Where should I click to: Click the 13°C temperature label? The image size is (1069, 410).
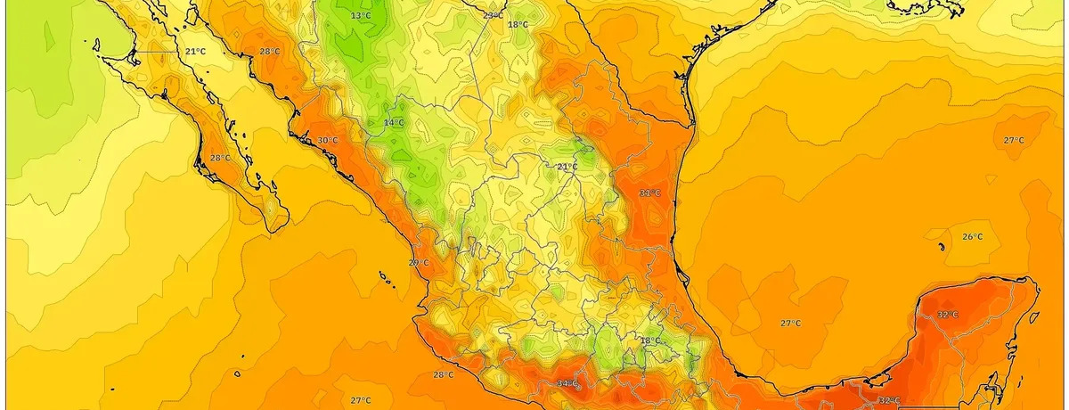tap(361, 16)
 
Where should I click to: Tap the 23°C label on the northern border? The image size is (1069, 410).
tap(493, 15)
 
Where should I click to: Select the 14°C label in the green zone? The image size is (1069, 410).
tap(394, 122)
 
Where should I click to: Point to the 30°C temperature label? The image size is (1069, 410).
tap(328, 141)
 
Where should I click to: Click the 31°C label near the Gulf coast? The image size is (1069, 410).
tap(650, 193)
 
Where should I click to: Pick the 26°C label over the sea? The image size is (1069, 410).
tap(972, 236)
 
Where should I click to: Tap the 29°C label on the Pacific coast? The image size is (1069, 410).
tap(419, 263)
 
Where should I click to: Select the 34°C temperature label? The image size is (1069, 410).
tap(567, 383)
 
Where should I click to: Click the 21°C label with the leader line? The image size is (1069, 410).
tap(195, 52)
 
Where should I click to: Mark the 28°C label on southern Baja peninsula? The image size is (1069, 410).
tap(220, 158)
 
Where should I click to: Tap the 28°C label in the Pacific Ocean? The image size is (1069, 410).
tap(443, 374)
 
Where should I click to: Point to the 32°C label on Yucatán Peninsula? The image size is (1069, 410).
tap(948, 315)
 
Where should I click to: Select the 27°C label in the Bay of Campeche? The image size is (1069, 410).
tap(790, 323)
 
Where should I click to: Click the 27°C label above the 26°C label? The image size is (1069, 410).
tap(1014, 141)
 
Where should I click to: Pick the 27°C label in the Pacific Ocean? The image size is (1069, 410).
tap(360, 400)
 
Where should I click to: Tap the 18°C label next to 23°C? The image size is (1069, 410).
tap(518, 25)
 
